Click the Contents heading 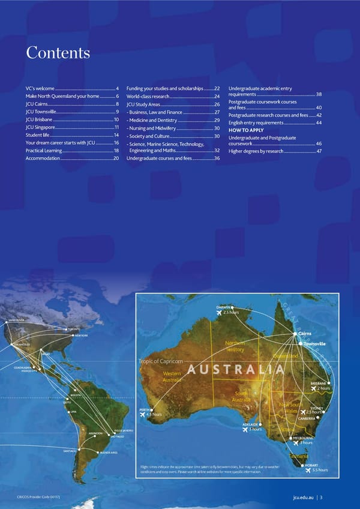point(58,53)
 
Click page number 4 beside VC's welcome point(117,89)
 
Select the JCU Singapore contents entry point(41,128)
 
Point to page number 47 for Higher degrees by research point(319,151)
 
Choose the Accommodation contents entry point(43,158)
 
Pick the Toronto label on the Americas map point(74,330)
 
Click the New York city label point(81,336)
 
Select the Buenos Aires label point(109,452)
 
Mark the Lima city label point(74,412)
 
